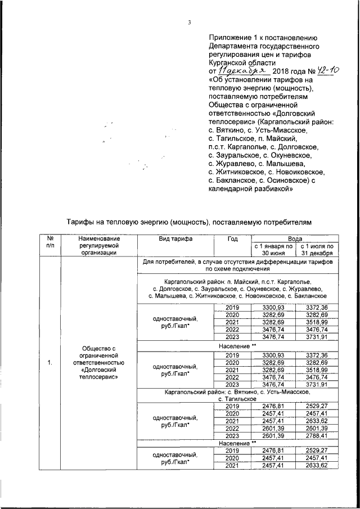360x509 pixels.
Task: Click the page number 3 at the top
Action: coord(190,22)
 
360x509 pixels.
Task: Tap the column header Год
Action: coord(232,238)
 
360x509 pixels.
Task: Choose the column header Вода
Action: coord(296,238)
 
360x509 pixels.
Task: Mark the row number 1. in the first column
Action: coord(50,362)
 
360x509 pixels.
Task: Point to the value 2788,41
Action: coord(319,436)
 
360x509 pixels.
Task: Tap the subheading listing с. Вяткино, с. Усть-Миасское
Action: coord(238,394)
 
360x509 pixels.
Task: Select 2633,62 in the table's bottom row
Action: coord(319,465)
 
